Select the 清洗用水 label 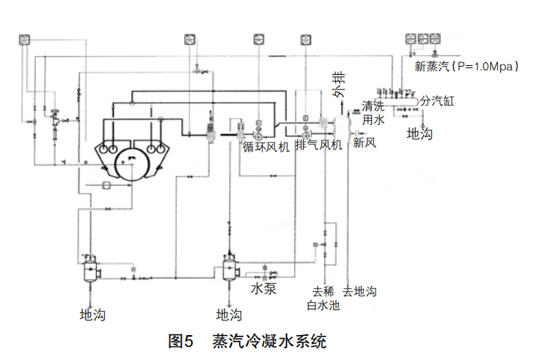pyautogui.click(x=373, y=112)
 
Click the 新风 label pyautogui.click(x=365, y=142)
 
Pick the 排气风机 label pyautogui.click(x=318, y=144)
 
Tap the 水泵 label pyautogui.click(x=263, y=289)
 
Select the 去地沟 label pyautogui.click(x=359, y=291)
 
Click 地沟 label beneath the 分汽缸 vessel pyautogui.click(x=420, y=133)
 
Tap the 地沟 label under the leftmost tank pyautogui.click(x=92, y=315)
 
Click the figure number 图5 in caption pyautogui.click(x=180, y=341)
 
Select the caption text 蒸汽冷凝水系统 pyautogui.click(x=268, y=341)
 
